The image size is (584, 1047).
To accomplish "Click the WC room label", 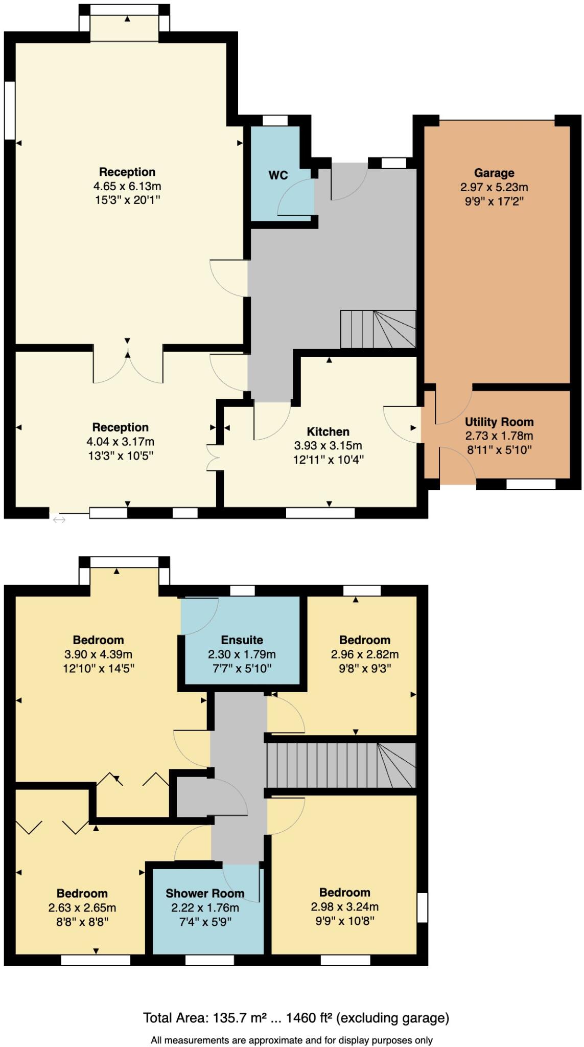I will pyautogui.click(x=278, y=175).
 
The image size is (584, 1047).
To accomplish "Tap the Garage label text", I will pyautogui.click(x=494, y=173).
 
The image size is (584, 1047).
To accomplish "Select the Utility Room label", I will pyautogui.click(x=499, y=422).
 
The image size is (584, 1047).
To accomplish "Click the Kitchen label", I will pyautogui.click(x=328, y=431).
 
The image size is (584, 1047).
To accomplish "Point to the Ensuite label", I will pyautogui.click(x=242, y=640).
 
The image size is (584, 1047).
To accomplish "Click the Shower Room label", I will pyautogui.click(x=205, y=893).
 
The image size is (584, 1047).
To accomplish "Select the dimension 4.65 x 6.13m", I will pyautogui.click(x=127, y=186).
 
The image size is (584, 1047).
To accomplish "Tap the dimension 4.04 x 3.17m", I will pyautogui.click(x=120, y=441).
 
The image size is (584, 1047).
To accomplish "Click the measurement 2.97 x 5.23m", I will pyautogui.click(x=494, y=187).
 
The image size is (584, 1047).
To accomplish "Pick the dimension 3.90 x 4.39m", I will pyautogui.click(x=98, y=654).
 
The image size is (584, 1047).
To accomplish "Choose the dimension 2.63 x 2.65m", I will pyautogui.click(x=82, y=908).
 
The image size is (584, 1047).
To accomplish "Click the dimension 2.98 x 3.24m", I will pyautogui.click(x=344, y=907).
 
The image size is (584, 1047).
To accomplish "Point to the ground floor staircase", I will pyautogui.click(x=378, y=329).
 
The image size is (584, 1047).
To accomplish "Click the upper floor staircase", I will pyautogui.click(x=341, y=765).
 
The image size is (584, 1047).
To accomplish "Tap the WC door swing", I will pyautogui.click(x=295, y=197).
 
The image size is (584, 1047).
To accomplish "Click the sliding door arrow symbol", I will pyautogui.click(x=59, y=520).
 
